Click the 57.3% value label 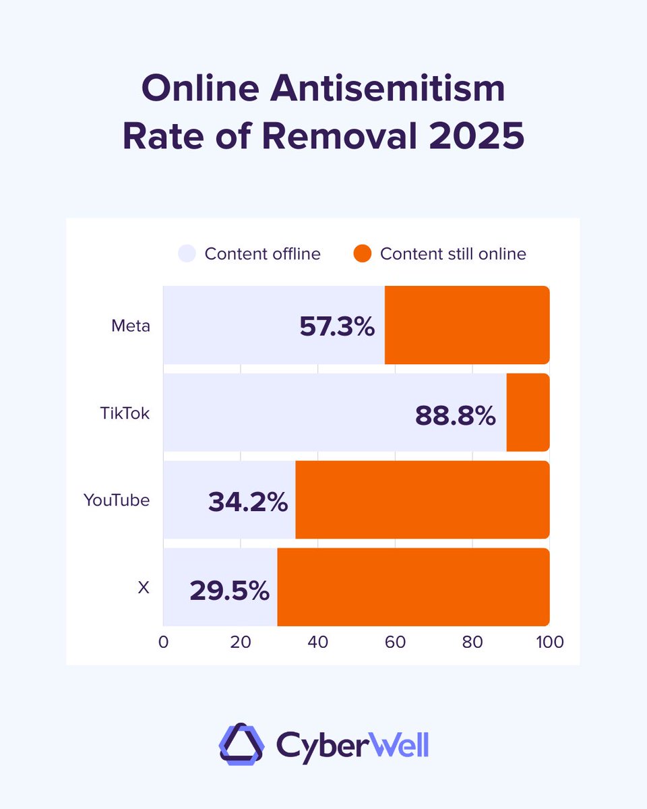coord(336,327)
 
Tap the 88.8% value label coord(455,415)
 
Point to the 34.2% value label coord(248,502)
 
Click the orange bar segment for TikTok coord(528,413)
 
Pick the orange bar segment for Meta coord(466,325)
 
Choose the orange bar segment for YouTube coord(422,500)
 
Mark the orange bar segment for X coord(412,587)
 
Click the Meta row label coord(131,326)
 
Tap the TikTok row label coord(125,413)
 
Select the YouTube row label coord(117,500)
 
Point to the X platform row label coord(143,588)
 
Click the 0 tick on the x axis coord(163,642)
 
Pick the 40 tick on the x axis coord(317,642)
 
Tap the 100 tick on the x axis coord(549,642)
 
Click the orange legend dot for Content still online coord(363,254)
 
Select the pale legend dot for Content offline coord(187,254)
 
